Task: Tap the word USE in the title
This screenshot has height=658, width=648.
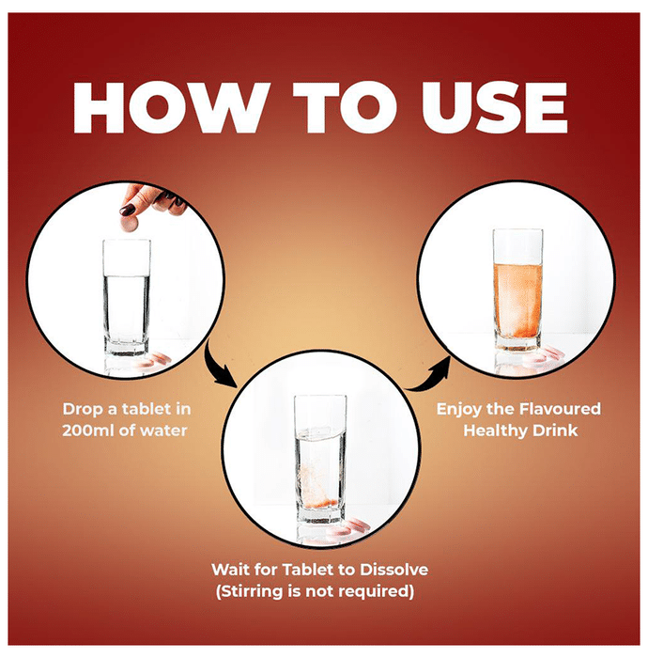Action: tap(495, 108)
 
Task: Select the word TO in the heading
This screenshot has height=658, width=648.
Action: tap(345, 108)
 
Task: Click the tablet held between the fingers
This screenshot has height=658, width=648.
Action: tap(130, 225)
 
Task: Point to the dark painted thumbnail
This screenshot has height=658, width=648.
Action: tap(127, 210)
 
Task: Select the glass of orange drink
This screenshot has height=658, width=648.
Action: tap(517, 290)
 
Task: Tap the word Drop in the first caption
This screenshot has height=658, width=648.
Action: tap(83, 410)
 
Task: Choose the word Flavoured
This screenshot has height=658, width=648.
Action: tap(560, 409)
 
